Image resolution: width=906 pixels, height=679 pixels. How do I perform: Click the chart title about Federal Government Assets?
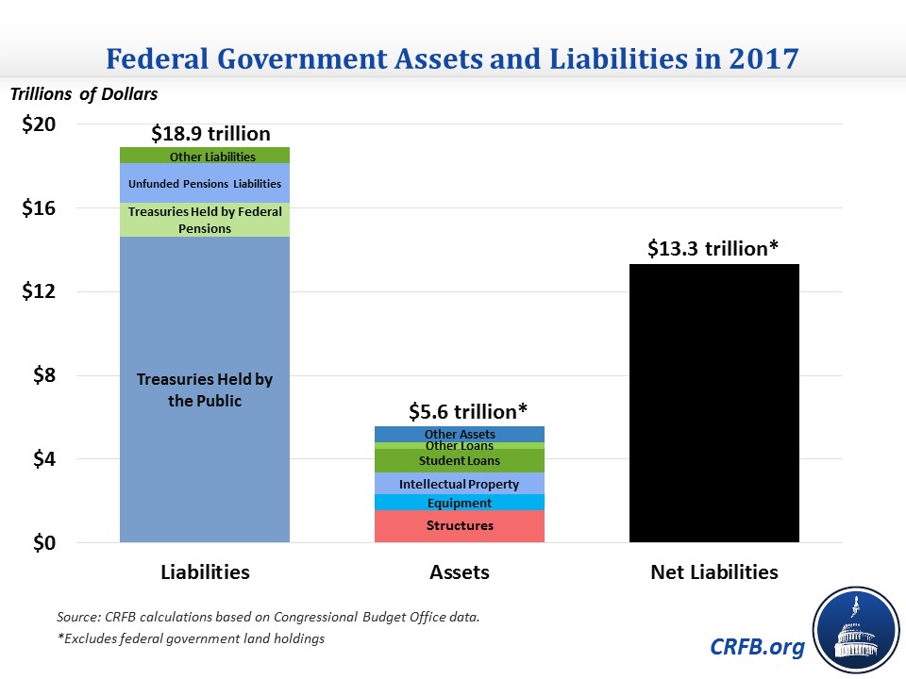click(452, 58)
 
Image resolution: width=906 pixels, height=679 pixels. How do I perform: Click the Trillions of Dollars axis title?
click(84, 94)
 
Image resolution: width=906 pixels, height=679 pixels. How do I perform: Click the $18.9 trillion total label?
click(210, 134)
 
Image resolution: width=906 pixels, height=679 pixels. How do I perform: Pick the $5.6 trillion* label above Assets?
click(467, 411)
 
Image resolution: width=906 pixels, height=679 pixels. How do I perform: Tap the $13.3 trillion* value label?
click(713, 249)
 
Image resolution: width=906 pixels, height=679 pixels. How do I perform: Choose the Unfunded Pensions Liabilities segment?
click(205, 184)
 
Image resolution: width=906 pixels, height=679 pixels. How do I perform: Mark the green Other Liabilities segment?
click(205, 156)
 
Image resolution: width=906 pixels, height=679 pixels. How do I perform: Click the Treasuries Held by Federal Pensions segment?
click(205, 220)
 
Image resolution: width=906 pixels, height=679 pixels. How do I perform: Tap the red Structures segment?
click(459, 526)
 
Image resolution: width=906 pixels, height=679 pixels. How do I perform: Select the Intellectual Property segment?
click(459, 484)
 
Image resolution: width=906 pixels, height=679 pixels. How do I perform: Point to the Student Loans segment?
click(459, 460)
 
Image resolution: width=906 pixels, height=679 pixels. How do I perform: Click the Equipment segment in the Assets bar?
click(459, 503)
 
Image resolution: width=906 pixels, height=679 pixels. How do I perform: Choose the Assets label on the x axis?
click(459, 572)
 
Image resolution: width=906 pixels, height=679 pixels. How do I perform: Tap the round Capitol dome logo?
click(855, 629)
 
